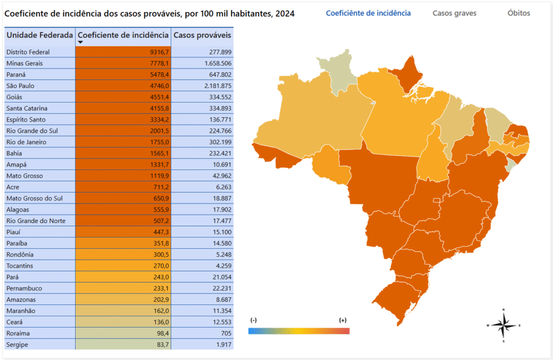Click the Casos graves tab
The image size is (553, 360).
[x=454, y=13]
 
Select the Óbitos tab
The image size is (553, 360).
[x=518, y=13]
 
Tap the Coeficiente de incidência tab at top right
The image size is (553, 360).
[x=368, y=13]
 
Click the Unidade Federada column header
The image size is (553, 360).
[x=39, y=35]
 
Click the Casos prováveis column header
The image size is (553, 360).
[x=202, y=35]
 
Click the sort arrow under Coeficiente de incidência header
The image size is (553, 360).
[x=80, y=42]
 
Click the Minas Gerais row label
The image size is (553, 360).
[x=24, y=63]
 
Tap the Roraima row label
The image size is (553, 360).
[x=19, y=333]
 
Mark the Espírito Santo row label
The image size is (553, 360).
[x=26, y=119]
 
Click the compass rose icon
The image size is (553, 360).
[x=503, y=325]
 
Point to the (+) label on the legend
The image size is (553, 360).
[x=342, y=320]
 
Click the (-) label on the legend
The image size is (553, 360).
[x=253, y=320]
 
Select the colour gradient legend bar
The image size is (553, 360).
[x=299, y=331]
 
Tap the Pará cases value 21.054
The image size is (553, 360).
[x=219, y=277]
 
